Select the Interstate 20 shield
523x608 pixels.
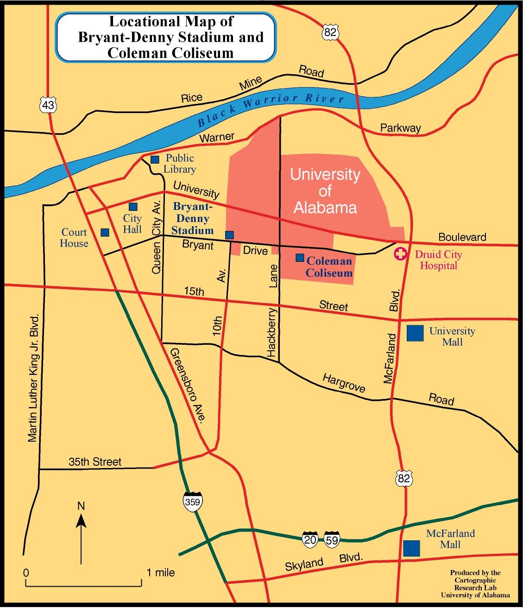[310, 538]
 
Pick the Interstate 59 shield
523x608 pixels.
[332, 538]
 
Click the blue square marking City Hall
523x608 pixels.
[133, 207]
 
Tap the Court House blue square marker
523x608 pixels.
[105, 232]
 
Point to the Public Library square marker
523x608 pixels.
[155, 160]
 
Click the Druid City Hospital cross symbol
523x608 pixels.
[399, 254]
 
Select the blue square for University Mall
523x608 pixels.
[415, 333]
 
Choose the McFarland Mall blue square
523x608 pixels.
[411, 548]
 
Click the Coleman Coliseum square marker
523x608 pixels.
[300, 257]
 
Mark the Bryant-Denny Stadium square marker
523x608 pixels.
[229, 234]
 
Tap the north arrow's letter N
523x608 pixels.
[81, 506]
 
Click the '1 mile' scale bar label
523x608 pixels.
[161, 572]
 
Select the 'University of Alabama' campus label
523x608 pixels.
[325, 190]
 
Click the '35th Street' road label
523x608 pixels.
[95, 462]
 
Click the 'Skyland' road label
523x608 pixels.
[304, 564]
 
